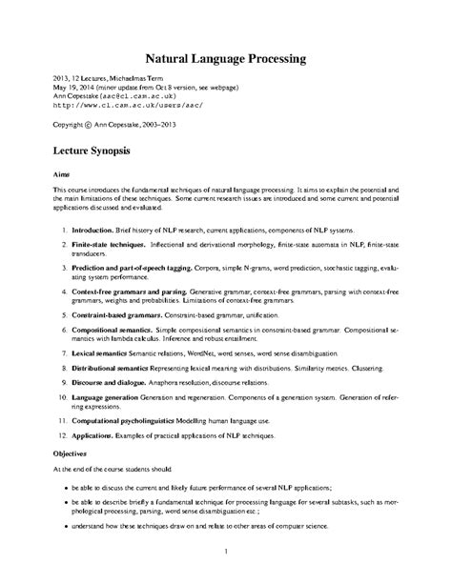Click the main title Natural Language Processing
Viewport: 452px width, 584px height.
(x=225, y=58)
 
